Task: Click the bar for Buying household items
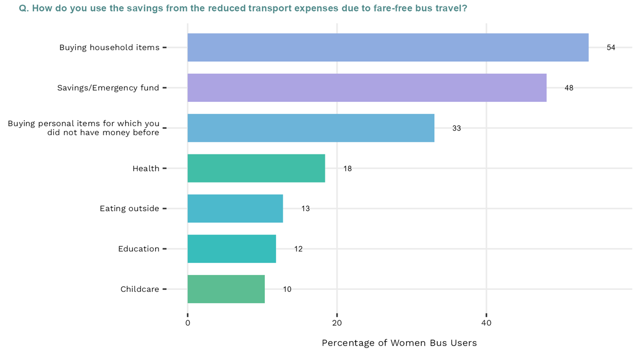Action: [388, 48]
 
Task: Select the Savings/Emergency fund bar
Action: [367, 88]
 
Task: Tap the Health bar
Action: [256, 169]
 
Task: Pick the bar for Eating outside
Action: [235, 209]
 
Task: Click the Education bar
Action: [232, 249]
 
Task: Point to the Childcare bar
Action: [226, 289]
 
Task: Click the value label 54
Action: [611, 48]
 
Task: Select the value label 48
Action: [569, 88]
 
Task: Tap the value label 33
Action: [457, 128]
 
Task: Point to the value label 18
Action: [347, 169]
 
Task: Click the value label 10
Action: [287, 289]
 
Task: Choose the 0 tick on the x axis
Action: [188, 323]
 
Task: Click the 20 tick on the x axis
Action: [337, 323]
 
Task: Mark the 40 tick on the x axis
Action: [486, 323]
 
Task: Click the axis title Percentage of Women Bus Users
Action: [399, 343]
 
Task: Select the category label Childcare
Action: [140, 289]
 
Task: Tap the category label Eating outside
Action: [129, 209]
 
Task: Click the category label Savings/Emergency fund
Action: [108, 88]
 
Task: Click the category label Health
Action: [146, 169]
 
